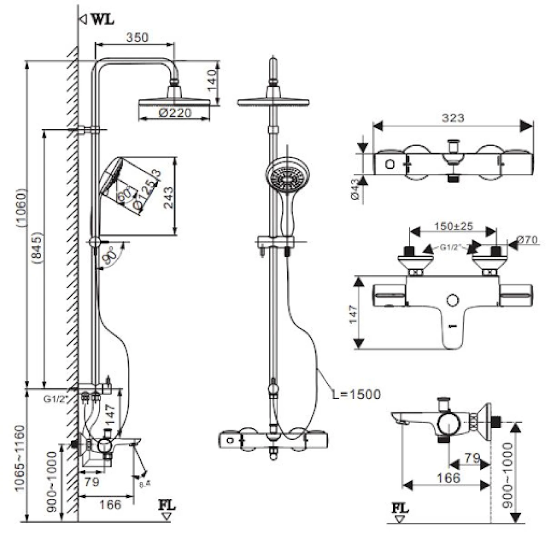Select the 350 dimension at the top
(x=137, y=37)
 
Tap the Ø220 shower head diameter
(x=175, y=113)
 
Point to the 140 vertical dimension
(x=212, y=80)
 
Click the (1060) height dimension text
(x=20, y=207)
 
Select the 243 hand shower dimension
(x=168, y=197)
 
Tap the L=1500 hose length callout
(x=356, y=394)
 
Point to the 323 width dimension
(x=453, y=118)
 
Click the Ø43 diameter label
(x=355, y=190)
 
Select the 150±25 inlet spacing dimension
(x=453, y=227)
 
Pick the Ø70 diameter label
(x=527, y=240)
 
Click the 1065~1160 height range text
(x=20, y=458)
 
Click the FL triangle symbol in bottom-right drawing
(x=399, y=519)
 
